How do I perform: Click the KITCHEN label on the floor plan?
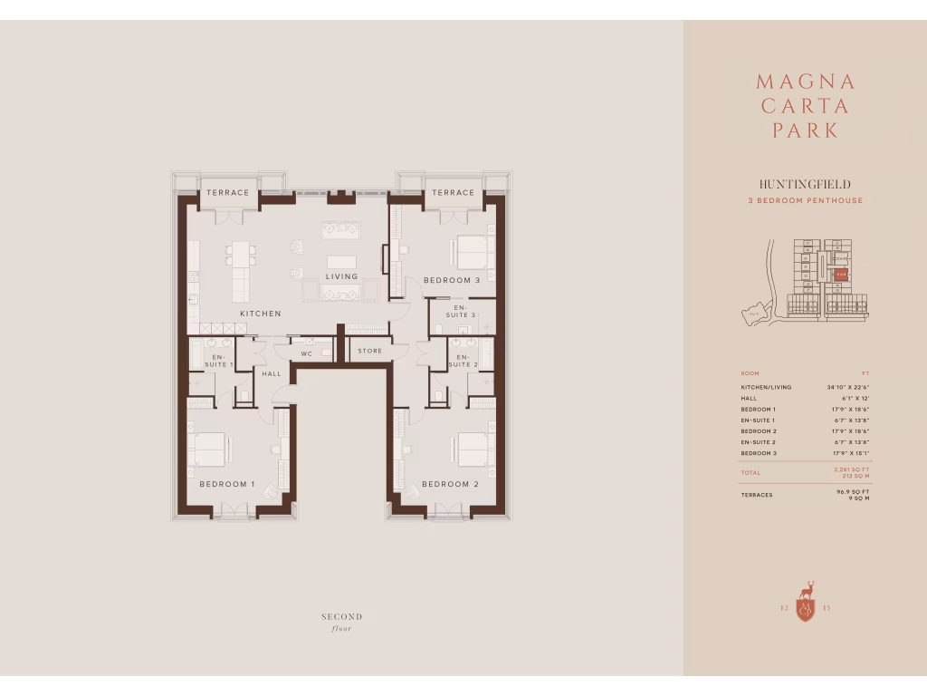pyautogui.click(x=260, y=314)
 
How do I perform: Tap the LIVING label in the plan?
pyautogui.click(x=342, y=276)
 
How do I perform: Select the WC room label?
pyautogui.click(x=306, y=352)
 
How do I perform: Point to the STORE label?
pyautogui.click(x=369, y=351)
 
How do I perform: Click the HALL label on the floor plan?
pyautogui.click(x=271, y=373)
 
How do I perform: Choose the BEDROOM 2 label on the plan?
pyautogui.click(x=450, y=484)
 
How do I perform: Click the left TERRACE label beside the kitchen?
pyautogui.click(x=227, y=193)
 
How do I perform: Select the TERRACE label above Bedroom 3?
pyautogui.click(x=453, y=193)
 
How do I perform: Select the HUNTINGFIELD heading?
pyautogui.click(x=805, y=184)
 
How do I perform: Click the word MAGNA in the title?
pyautogui.click(x=805, y=82)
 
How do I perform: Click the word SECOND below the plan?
pyautogui.click(x=341, y=617)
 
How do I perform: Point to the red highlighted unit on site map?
pyautogui.click(x=841, y=271)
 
